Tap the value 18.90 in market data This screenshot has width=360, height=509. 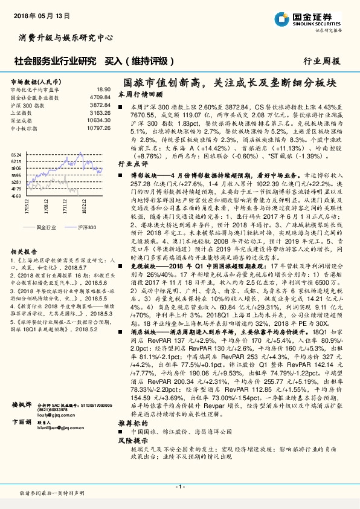pyautogui.click(x=103, y=89)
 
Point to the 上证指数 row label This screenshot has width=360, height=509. pyautogui.click(x=22, y=112)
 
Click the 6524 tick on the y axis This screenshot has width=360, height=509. pyautogui.click(x=16, y=155)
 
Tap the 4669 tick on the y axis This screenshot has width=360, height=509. pyautogui.click(x=16, y=196)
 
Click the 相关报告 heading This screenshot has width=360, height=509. pyautogui.click(x=24, y=251)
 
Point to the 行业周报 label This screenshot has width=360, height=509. pyautogui.click(x=321, y=61)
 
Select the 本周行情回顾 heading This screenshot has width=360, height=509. pyautogui.click(x=140, y=94)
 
